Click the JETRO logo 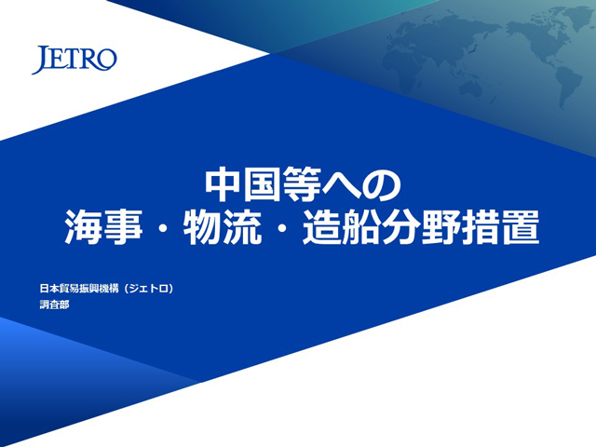(74, 60)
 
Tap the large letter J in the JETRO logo (41, 60)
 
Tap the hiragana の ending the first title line (381, 185)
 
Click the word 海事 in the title (103, 227)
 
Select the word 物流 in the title (223, 227)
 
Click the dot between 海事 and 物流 (163, 227)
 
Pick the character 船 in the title (361, 227)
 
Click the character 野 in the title (440, 227)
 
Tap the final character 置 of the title (521, 227)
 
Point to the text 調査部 (54, 305)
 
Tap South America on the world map (567, 85)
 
